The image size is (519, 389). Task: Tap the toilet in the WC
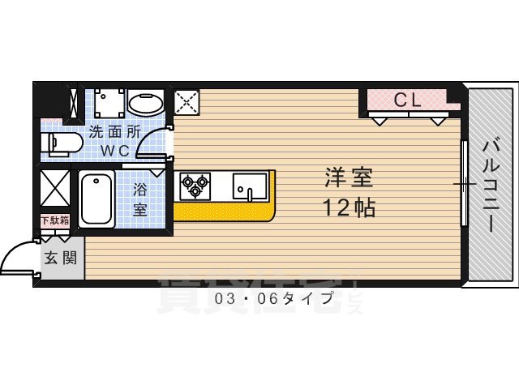pos(64,144)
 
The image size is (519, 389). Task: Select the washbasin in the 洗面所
pos(147,103)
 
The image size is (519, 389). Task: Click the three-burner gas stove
pos(195,186)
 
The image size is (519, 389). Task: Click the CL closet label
pos(406,100)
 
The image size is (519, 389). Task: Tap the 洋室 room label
pos(343,177)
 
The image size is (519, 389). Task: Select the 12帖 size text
pos(350,207)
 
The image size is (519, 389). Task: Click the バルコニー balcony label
pos(491,185)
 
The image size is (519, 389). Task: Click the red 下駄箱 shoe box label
pos(55,220)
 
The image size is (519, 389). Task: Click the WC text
pos(114,151)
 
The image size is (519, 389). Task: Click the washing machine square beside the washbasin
pos(108,103)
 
